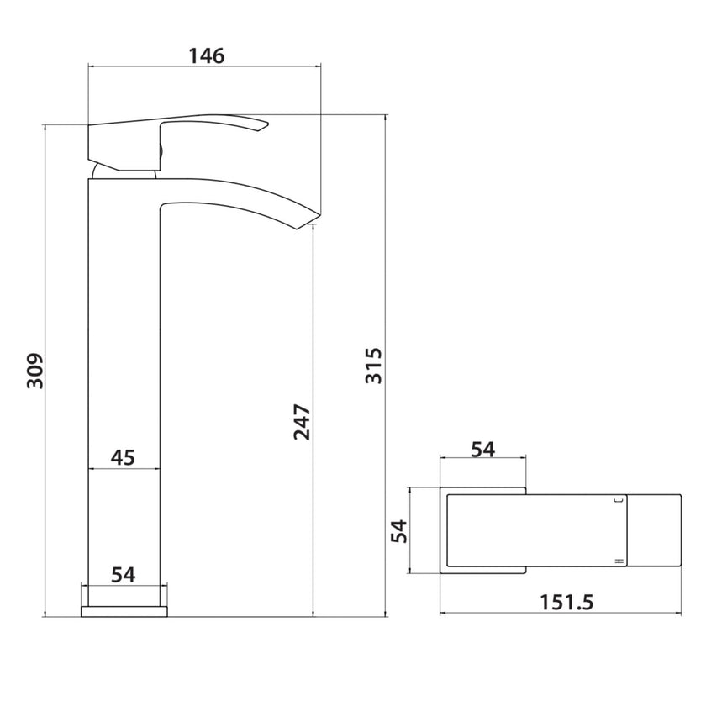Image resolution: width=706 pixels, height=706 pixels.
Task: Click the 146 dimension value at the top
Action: (207, 56)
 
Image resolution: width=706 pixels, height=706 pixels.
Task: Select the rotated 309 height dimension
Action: (34, 371)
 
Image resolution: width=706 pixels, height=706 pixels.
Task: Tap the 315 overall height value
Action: (374, 366)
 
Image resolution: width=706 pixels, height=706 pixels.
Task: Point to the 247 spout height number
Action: (303, 422)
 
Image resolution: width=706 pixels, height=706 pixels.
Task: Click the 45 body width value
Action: (123, 457)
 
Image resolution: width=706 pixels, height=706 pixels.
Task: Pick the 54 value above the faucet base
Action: (124, 575)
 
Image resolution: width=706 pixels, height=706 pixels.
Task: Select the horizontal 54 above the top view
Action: (482, 450)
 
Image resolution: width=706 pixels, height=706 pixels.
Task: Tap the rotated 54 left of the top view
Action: (398, 531)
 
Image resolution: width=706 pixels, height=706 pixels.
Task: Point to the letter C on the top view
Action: (619, 502)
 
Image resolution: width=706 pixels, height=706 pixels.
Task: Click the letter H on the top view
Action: (619, 560)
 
